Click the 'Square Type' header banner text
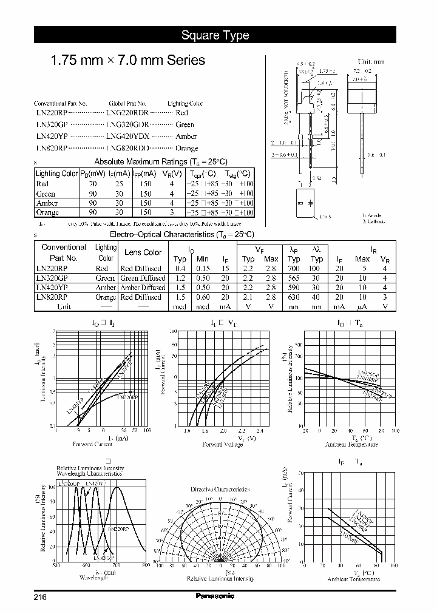point(215,35)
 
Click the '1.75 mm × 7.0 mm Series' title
point(127,61)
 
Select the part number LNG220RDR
point(127,113)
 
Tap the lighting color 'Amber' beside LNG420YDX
point(186,137)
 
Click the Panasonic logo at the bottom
point(215,596)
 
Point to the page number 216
point(41,596)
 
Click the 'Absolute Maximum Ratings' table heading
point(160,161)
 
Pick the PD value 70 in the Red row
point(92,184)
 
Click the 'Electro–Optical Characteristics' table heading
point(181,234)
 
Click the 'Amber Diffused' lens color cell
point(141,288)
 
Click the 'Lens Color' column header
point(143,252)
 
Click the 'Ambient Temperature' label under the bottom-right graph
point(353,579)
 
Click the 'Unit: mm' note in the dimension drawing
point(370,61)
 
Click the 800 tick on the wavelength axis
point(146,564)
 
